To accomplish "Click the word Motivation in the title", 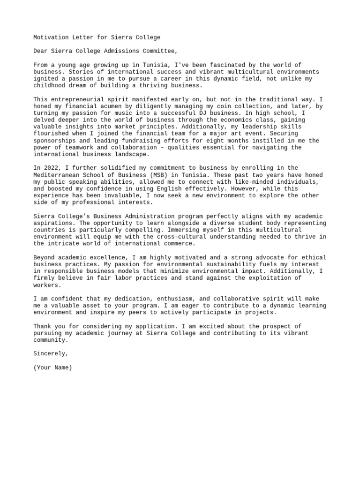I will pyautogui.click(x=51, y=37).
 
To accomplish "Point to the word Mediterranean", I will pyautogui.click(x=57, y=175).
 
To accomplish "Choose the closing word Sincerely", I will pyautogui.click(x=51, y=354).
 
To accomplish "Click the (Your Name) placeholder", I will pyautogui.click(x=53, y=367).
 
